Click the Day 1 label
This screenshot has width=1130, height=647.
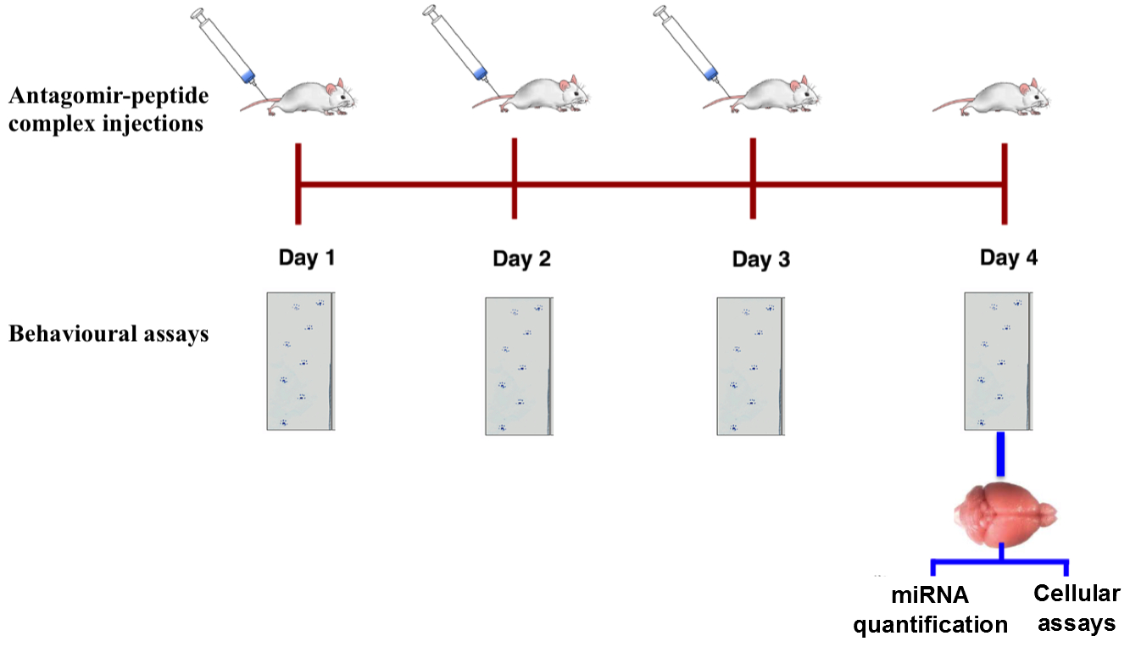point(307,257)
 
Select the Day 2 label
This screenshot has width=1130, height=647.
point(521,259)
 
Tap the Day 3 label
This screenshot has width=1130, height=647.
point(760,259)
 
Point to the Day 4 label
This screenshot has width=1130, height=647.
point(1008,257)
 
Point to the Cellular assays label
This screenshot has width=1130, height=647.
point(1077,609)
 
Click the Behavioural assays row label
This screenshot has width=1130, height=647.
point(109,333)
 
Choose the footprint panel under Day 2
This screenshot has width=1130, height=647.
point(519,365)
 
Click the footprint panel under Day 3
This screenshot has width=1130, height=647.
point(750,365)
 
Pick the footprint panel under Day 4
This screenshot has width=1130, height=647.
point(998,360)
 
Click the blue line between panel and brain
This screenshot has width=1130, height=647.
point(1001,454)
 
